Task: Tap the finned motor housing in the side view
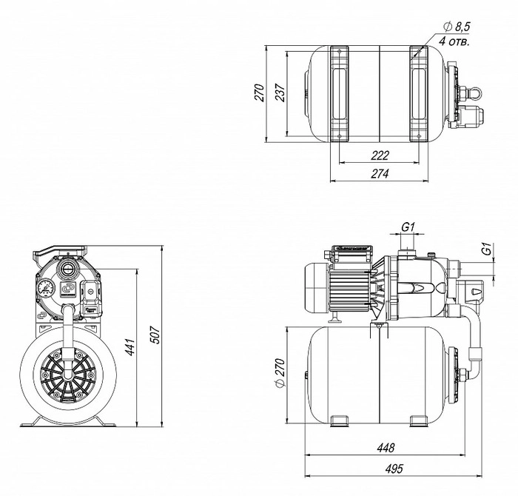pyautogui.click(x=348, y=289)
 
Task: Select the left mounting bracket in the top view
pyautogui.click(x=340, y=93)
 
